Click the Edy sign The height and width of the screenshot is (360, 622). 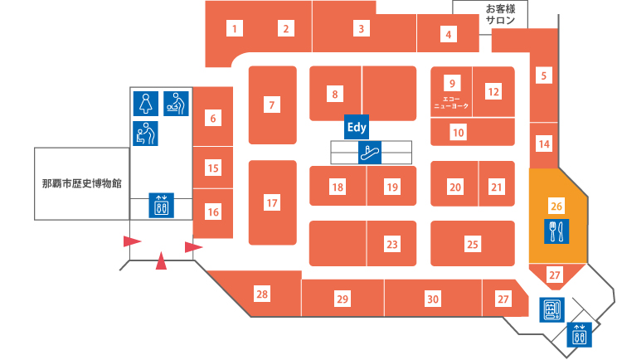tap(357, 127)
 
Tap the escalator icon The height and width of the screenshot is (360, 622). tap(370, 153)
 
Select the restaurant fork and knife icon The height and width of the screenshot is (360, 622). tap(556, 231)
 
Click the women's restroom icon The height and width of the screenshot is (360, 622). tap(146, 104)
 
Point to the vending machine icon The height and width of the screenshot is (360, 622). tap(552, 309)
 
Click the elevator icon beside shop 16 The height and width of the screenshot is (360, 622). tap(162, 205)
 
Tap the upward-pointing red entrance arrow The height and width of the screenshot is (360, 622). tap(161, 260)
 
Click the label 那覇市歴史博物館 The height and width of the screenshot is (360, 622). tap(82, 184)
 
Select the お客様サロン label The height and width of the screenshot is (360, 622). tap(500, 14)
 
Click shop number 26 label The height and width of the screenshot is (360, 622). tap(556, 206)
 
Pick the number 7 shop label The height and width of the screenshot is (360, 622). tap(272, 105)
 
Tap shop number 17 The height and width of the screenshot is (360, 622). tap(272, 203)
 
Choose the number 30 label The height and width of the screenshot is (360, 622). tap(433, 299)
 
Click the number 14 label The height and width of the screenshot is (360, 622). tap(544, 144)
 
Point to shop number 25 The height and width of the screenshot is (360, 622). tap(473, 244)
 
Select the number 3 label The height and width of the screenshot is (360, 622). tap(361, 28)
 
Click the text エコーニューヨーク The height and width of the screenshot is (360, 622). tap(451, 102)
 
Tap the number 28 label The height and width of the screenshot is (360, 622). tap(262, 294)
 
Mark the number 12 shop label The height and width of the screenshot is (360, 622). tap(493, 92)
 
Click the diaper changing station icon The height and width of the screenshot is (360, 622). tap(176, 104)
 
